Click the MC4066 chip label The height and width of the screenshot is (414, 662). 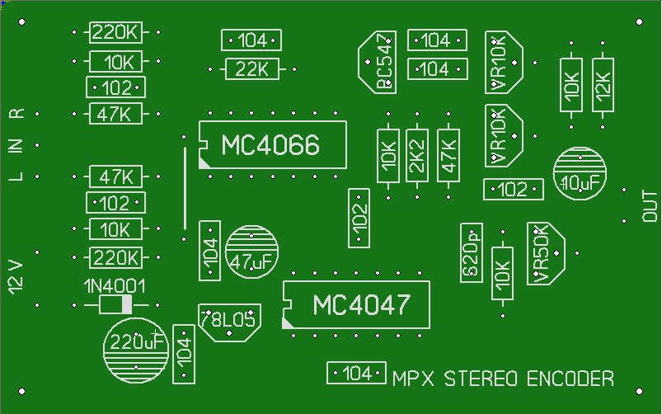coord(270,145)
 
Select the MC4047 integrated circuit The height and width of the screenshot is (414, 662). coord(359,305)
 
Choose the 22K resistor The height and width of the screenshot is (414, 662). coord(251,70)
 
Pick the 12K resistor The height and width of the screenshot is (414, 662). coord(603,83)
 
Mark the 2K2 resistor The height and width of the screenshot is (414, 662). coord(416,155)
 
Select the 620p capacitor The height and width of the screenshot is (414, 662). coord(472,251)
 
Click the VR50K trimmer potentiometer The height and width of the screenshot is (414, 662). coord(545,253)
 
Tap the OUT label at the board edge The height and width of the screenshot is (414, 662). coord(649,206)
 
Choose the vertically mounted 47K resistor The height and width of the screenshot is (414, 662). coord(448,155)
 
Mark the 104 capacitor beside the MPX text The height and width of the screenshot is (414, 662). coord(356,373)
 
